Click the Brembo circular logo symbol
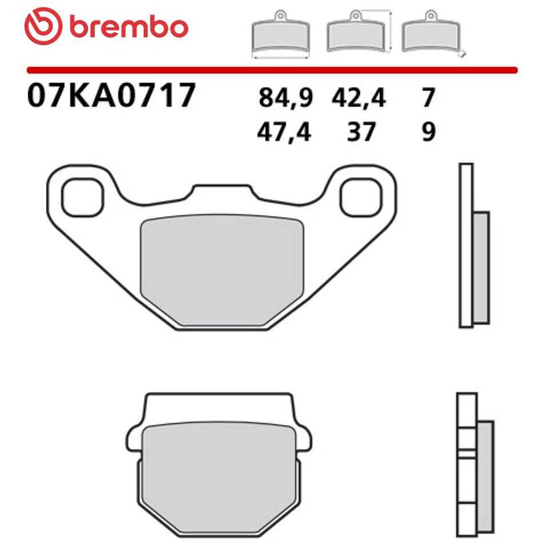[43, 26]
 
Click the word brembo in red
[129, 27]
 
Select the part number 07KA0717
[111, 95]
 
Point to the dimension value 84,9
[285, 98]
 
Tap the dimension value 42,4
[358, 98]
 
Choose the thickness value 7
[429, 98]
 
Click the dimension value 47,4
[284, 132]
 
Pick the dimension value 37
[361, 131]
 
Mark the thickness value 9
[429, 131]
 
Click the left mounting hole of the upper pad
[83, 198]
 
